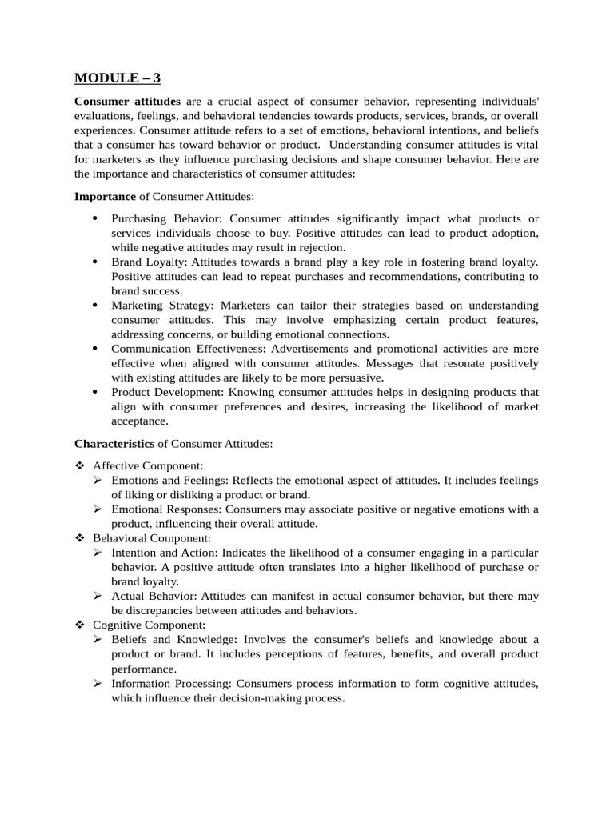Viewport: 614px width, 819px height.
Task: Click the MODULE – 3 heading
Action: coord(117,78)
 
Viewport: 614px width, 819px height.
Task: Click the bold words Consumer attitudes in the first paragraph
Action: coord(127,102)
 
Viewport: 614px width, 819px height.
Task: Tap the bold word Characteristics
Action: coord(114,444)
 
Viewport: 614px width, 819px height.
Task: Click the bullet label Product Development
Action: coord(167,392)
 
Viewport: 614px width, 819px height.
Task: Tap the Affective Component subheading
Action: coord(148,465)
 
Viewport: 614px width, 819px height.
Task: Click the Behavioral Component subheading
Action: coord(151,538)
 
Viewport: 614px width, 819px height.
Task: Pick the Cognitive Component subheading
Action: coord(149,625)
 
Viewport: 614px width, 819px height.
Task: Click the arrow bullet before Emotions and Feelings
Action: coord(98,480)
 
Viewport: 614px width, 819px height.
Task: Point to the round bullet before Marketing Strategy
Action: coord(95,306)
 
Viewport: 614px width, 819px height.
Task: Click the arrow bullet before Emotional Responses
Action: coord(98,509)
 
